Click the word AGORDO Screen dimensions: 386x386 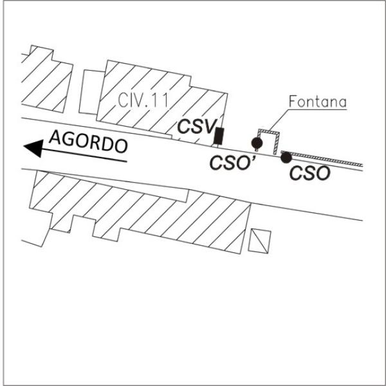pos(87,142)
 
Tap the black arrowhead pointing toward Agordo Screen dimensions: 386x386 pos(32,149)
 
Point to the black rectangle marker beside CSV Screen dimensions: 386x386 pos(219,135)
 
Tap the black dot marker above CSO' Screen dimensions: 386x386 pos(257,143)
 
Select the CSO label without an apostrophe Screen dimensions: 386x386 pos(309,172)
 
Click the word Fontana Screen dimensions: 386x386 pos(317,102)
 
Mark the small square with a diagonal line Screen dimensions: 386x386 pos(261,240)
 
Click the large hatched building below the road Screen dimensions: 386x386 pos(142,206)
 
